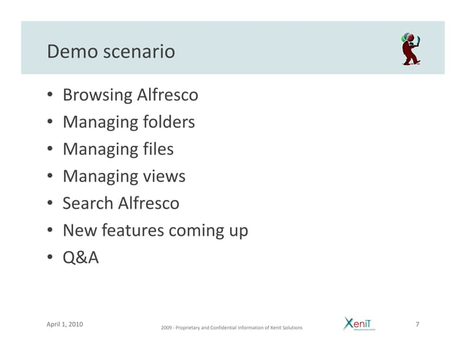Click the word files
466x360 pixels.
(153, 149)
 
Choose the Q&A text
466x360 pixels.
(80, 258)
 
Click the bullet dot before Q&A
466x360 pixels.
(48, 258)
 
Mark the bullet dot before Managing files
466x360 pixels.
(48, 150)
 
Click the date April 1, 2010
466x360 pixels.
(64, 323)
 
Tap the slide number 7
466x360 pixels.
(416, 323)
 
